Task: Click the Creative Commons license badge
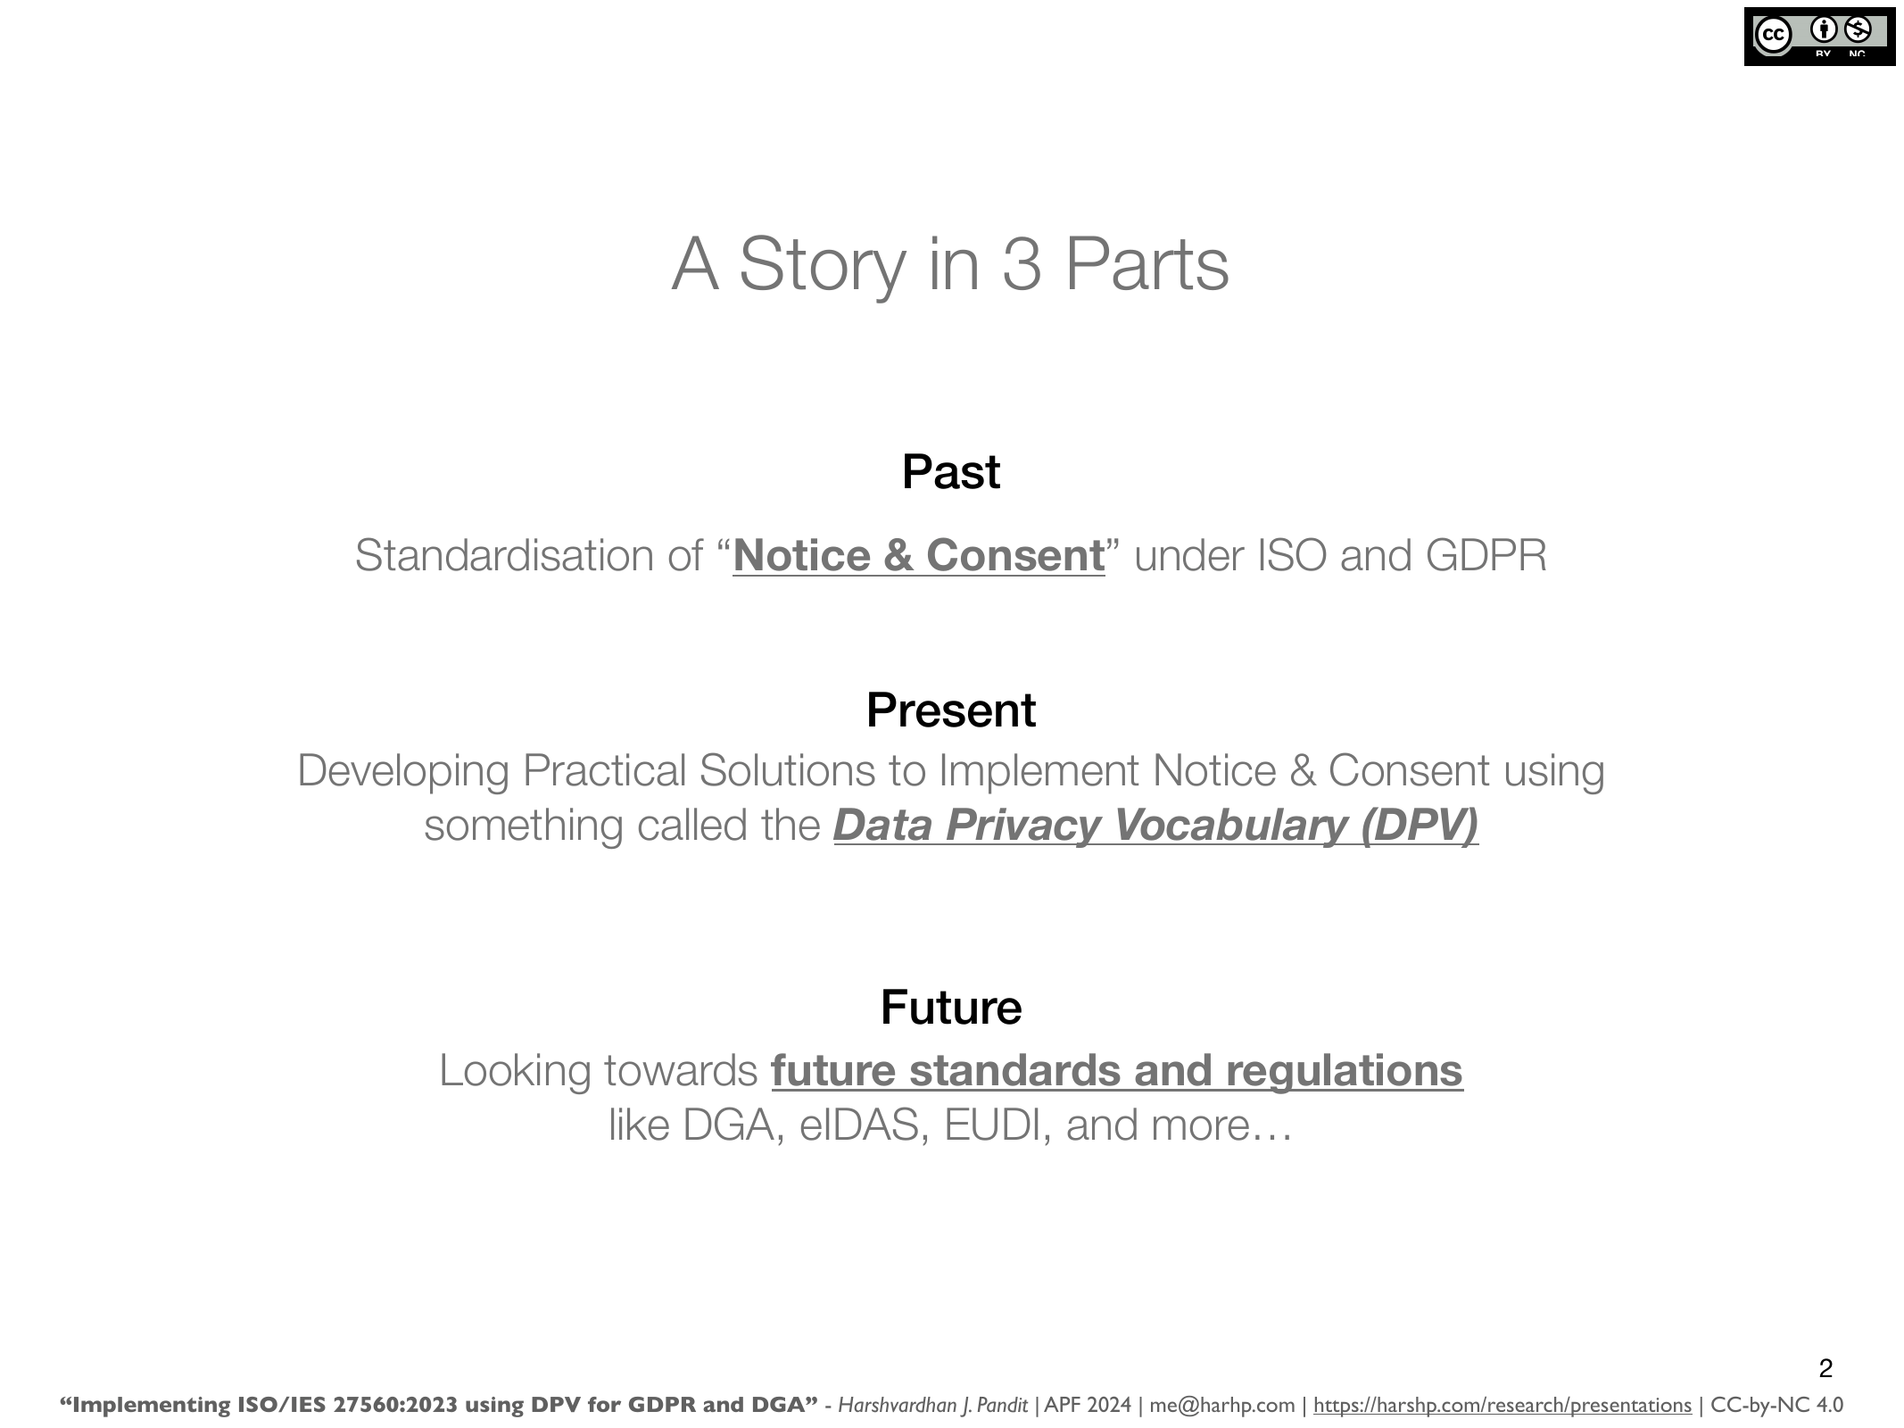click(x=1819, y=37)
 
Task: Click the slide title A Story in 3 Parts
click(x=950, y=264)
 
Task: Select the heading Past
click(x=951, y=471)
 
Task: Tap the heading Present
click(x=951, y=710)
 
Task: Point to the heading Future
click(x=951, y=1007)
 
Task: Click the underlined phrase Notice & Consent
click(x=919, y=555)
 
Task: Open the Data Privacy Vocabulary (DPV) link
click(x=1155, y=826)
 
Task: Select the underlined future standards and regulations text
click(x=1117, y=1071)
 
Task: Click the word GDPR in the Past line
click(x=1486, y=555)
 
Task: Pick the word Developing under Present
click(x=402, y=771)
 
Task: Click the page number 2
click(x=1825, y=1368)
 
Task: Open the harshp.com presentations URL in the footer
click(x=1503, y=1406)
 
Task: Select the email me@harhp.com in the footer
click(x=1221, y=1406)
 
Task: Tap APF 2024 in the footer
click(x=1088, y=1406)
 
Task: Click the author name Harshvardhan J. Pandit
click(x=932, y=1406)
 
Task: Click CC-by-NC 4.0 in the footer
click(x=1776, y=1406)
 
